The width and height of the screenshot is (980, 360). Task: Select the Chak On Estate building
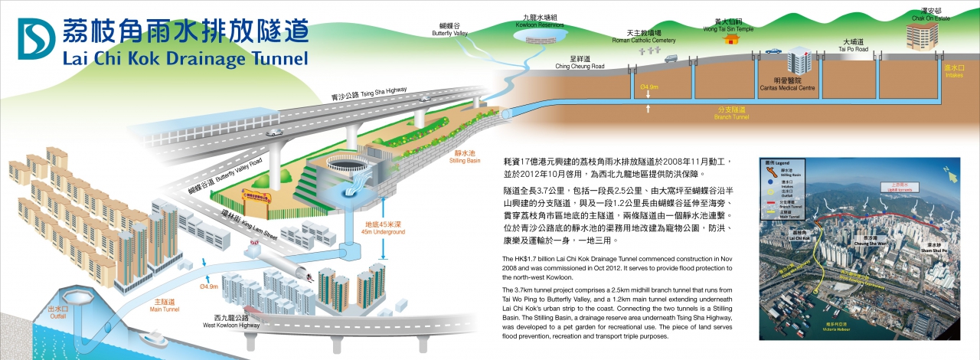923,34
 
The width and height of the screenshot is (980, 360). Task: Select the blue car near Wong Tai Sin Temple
773,51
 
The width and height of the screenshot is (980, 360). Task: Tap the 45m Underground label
384,228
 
